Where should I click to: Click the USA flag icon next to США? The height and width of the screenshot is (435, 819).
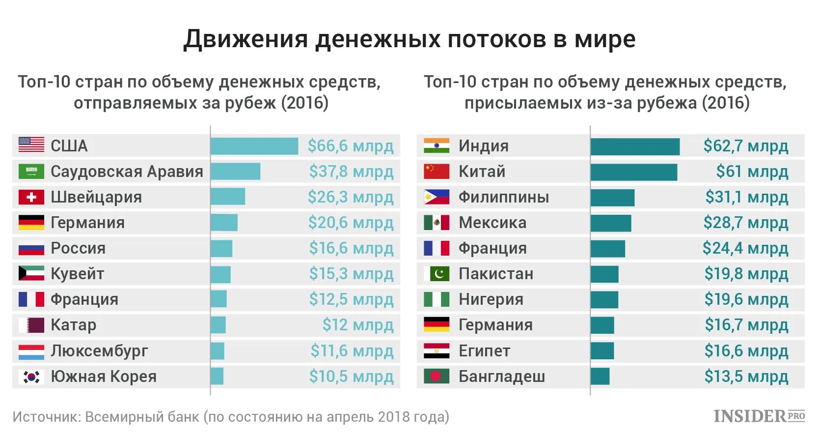click(x=31, y=145)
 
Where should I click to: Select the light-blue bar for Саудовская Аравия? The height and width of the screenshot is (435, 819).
click(x=235, y=172)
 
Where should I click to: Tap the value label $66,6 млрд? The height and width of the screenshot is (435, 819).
click(x=350, y=146)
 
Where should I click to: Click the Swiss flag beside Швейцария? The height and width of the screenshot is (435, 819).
click(x=31, y=197)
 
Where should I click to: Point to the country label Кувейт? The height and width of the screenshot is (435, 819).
click(x=78, y=274)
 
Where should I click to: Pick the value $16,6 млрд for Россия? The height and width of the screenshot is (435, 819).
click(x=351, y=248)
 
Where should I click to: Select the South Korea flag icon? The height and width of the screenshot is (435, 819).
click(x=31, y=377)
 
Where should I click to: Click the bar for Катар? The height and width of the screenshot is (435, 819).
click(x=218, y=325)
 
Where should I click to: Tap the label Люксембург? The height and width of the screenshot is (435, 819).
click(x=99, y=351)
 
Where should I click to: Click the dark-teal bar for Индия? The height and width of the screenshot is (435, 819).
click(x=635, y=146)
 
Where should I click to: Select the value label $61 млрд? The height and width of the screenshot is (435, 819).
click(x=752, y=172)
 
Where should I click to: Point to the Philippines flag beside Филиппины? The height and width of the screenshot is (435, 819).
click(x=436, y=197)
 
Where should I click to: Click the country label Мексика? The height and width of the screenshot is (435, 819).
click(x=492, y=223)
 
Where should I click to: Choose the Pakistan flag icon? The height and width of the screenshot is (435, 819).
click(x=436, y=274)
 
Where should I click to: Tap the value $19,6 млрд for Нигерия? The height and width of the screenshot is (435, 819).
click(x=746, y=299)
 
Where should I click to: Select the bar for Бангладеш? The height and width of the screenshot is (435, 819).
click(x=600, y=377)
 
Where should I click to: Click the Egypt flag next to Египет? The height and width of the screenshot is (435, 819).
click(x=436, y=351)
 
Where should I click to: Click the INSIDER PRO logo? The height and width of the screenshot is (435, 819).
click(x=759, y=416)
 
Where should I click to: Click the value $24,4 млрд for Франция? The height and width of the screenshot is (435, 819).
click(x=745, y=248)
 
